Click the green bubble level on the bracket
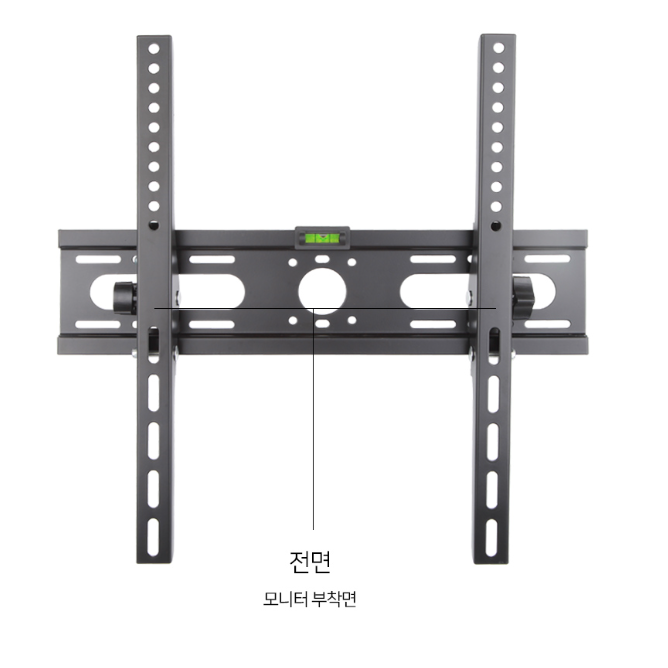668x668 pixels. (322, 238)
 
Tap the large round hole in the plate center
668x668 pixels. (322, 291)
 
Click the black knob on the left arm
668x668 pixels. (125, 298)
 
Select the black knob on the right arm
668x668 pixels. (523, 297)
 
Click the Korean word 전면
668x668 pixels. (310, 562)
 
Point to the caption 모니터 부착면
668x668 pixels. (310, 599)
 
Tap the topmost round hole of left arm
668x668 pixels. (154, 49)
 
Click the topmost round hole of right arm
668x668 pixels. (498, 48)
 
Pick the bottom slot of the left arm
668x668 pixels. (153, 537)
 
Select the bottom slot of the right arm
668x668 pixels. (491, 538)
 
